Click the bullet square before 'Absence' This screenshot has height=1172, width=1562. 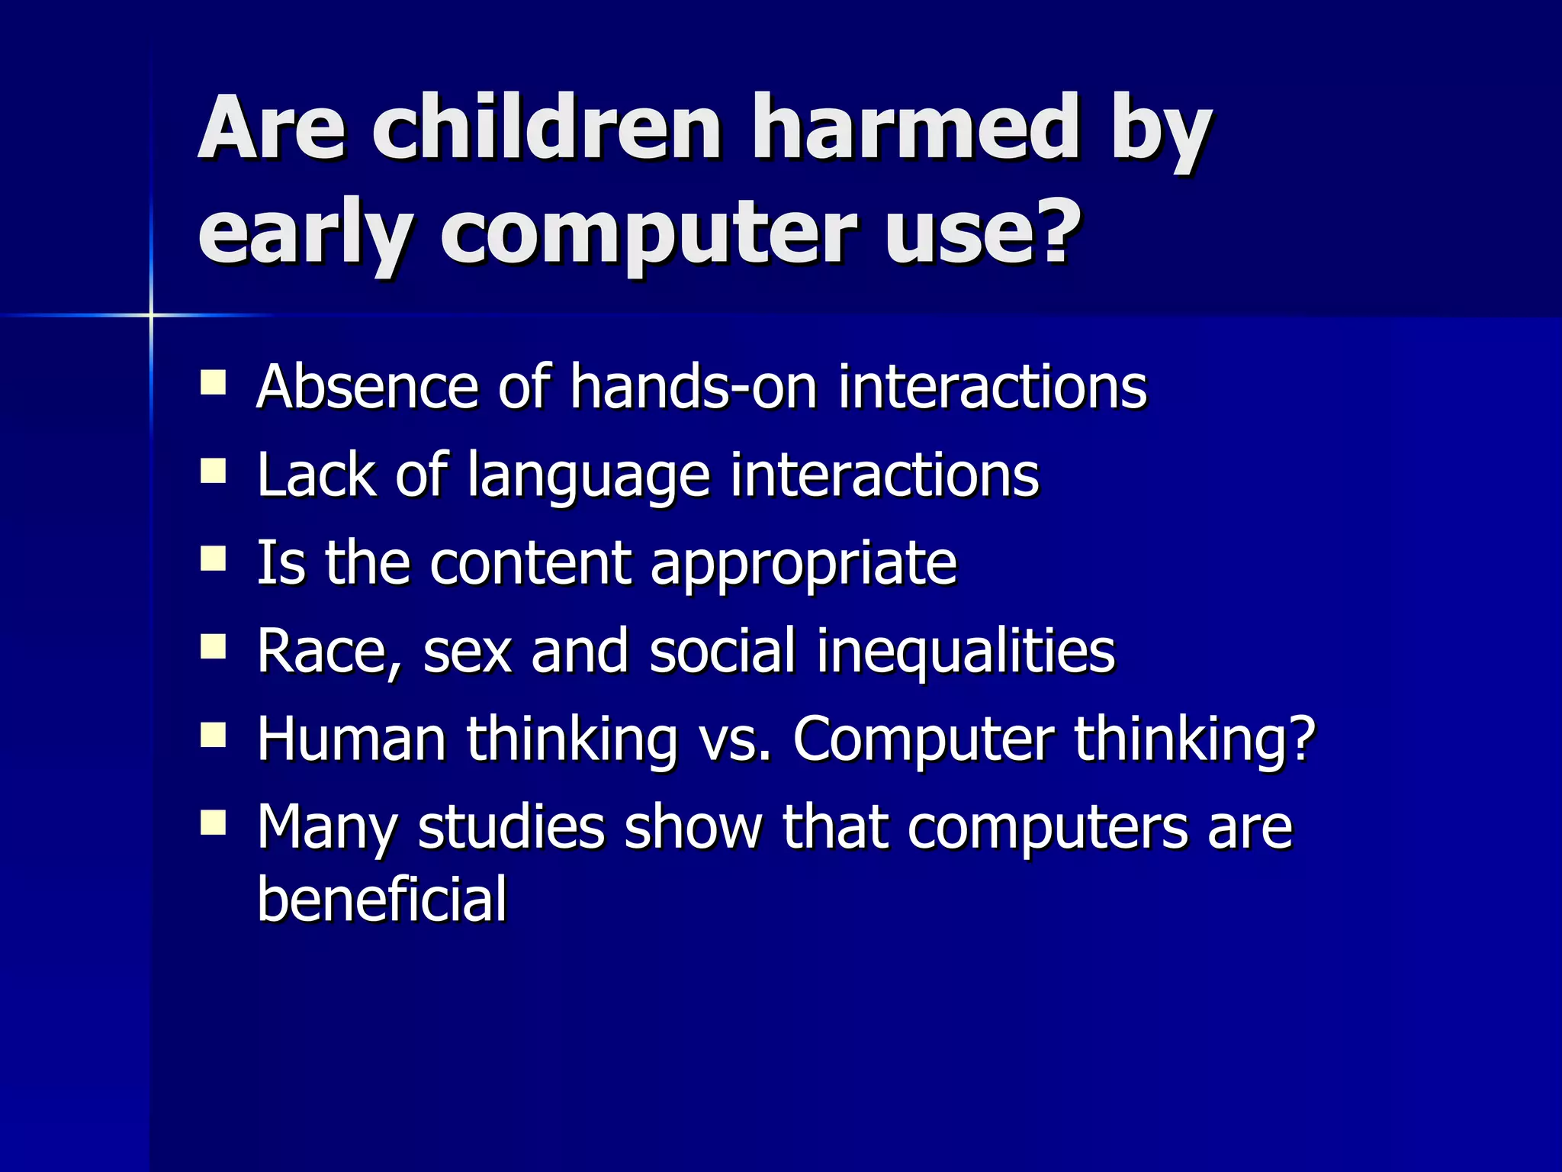[x=214, y=382]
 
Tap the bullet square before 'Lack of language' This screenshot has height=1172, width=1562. [x=214, y=471]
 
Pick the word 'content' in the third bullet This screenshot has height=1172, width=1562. [x=531, y=563]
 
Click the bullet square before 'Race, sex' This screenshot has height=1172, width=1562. [x=214, y=647]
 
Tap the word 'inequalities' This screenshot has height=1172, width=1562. [x=966, y=653]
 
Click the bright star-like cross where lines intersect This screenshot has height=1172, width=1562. [x=151, y=314]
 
